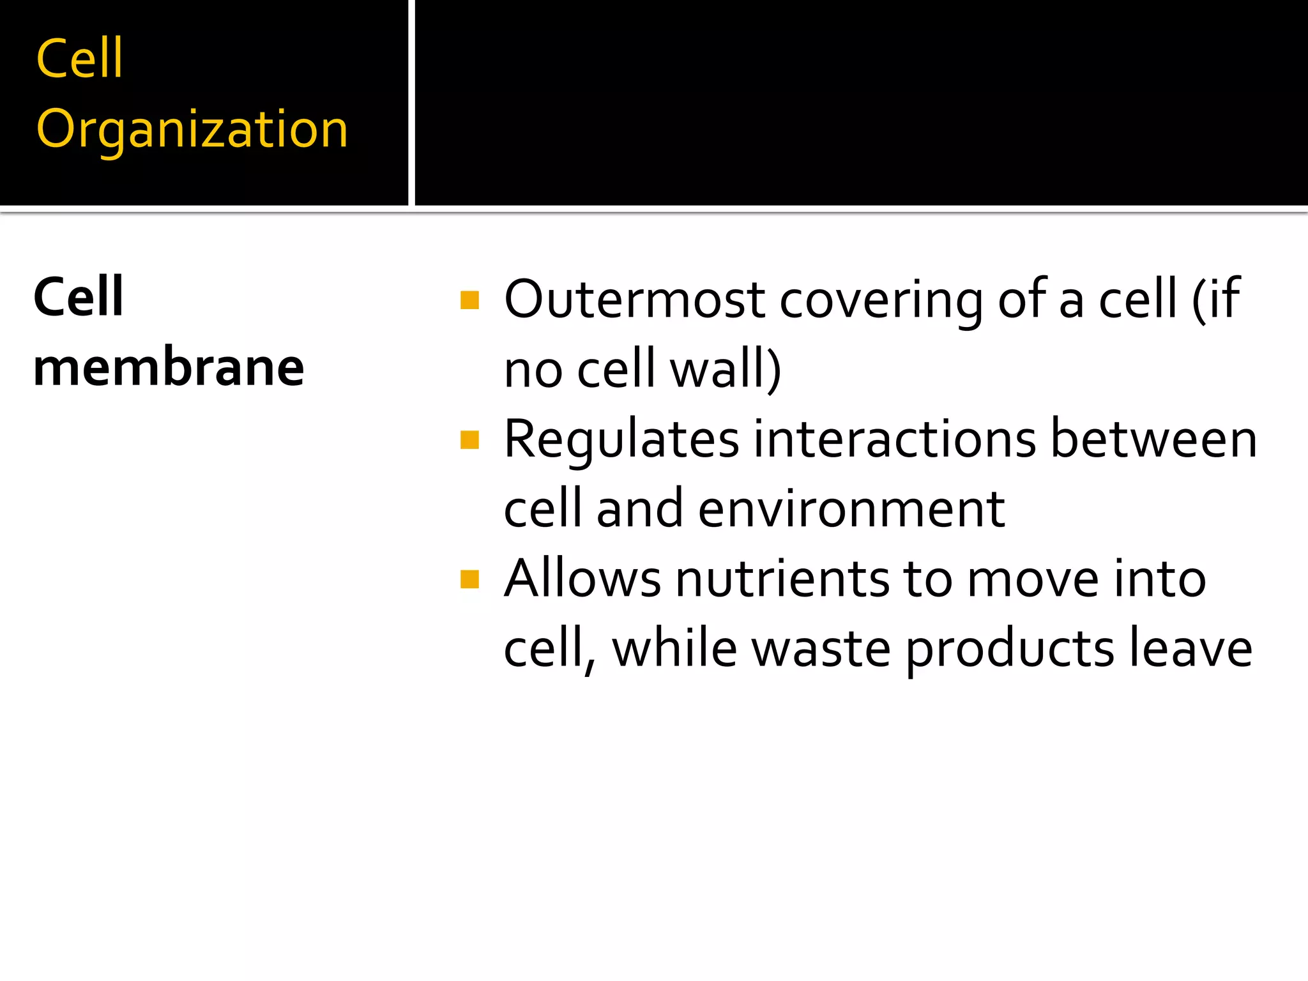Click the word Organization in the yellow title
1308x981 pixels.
[x=192, y=130]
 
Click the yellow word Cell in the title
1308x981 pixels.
[x=80, y=59]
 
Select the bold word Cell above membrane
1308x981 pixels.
[x=79, y=297]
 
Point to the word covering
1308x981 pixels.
[x=881, y=300]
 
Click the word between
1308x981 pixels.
[x=1154, y=439]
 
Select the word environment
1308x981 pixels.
[x=851, y=510]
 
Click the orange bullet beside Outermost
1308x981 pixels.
[x=469, y=300]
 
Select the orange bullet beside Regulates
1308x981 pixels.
[x=469, y=440]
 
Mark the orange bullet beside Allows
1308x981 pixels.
[x=469, y=579]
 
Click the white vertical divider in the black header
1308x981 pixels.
[x=411, y=102]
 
